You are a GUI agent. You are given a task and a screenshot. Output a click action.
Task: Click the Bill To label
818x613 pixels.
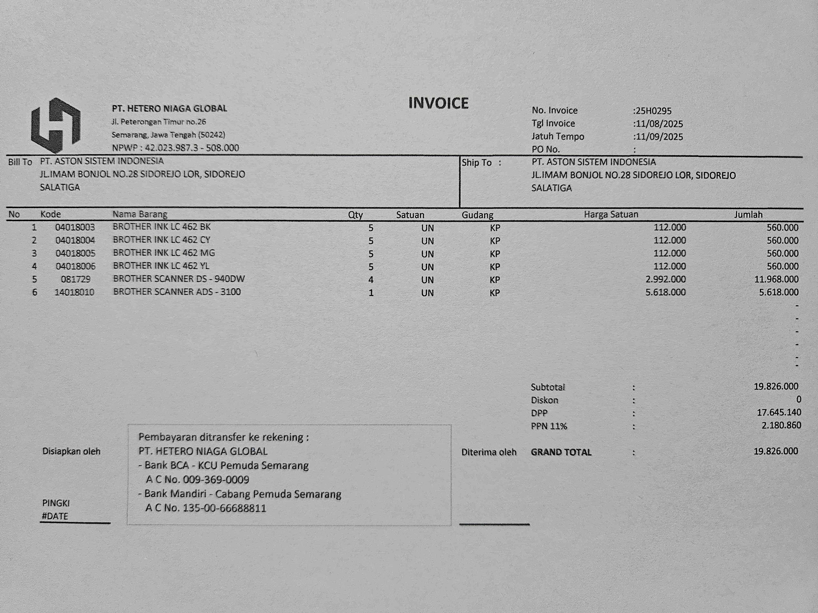pyautogui.click(x=20, y=162)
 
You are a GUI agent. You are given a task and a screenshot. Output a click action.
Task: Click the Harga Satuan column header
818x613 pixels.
pyautogui.click(x=611, y=214)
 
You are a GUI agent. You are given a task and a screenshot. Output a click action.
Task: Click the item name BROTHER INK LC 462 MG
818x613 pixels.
pyautogui.click(x=164, y=253)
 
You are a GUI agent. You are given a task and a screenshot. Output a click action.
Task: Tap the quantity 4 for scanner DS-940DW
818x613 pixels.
pyautogui.click(x=371, y=280)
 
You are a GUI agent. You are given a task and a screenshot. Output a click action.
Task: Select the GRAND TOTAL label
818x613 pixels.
pyautogui.click(x=561, y=452)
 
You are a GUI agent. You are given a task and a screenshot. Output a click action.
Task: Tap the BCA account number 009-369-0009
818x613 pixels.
pyautogui.click(x=216, y=480)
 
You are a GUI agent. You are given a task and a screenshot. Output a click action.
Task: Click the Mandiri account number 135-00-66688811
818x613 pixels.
pyautogui.click(x=225, y=508)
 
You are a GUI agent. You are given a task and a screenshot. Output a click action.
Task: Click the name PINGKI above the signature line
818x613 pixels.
pyautogui.click(x=56, y=503)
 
